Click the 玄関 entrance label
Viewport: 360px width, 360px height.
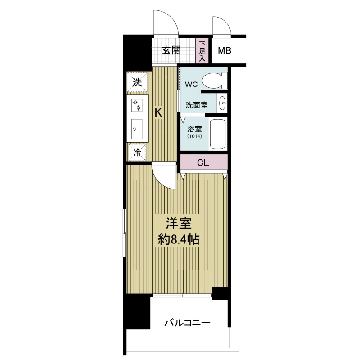(x=171, y=50)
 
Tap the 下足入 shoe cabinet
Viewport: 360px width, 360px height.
(x=202, y=51)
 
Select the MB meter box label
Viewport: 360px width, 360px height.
(x=224, y=50)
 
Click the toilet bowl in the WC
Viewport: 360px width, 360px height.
(x=215, y=81)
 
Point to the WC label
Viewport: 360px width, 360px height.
(x=191, y=84)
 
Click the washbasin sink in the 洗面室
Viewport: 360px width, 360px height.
(x=222, y=103)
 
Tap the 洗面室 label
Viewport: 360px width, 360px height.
(x=197, y=105)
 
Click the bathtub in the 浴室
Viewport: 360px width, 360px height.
(x=218, y=134)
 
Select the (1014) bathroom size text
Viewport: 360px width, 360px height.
(x=194, y=136)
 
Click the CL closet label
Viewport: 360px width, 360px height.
(x=203, y=163)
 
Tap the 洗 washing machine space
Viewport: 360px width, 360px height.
(x=137, y=82)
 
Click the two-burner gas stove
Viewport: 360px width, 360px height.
(x=137, y=105)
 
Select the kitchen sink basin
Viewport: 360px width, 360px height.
(x=137, y=129)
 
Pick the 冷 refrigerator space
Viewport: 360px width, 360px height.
(x=137, y=153)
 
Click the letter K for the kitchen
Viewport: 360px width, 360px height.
(x=158, y=113)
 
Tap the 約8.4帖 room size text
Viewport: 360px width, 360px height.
(x=179, y=240)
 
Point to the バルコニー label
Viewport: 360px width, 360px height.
(x=187, y=323)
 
